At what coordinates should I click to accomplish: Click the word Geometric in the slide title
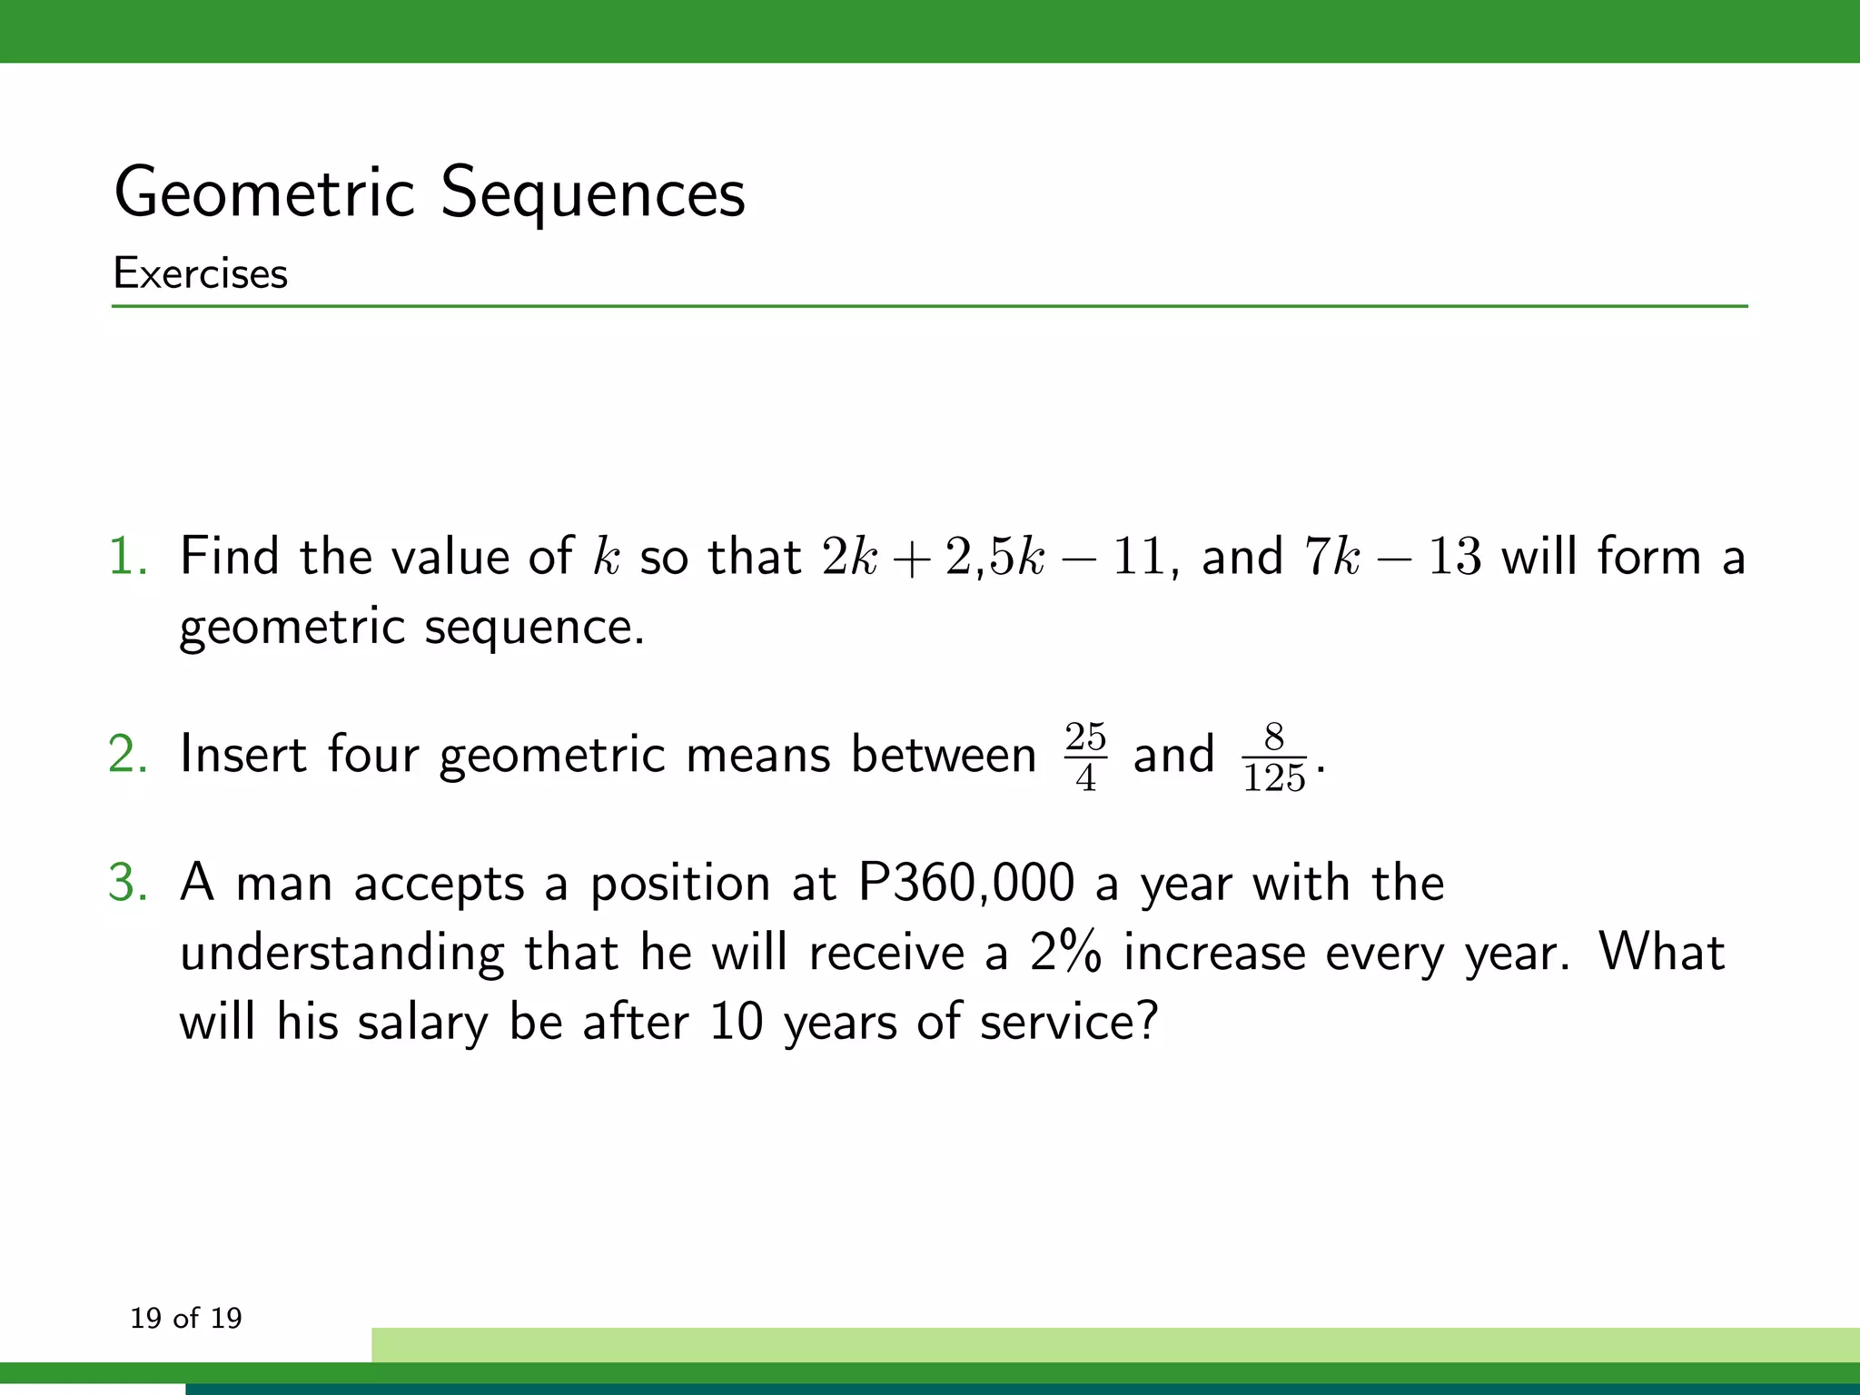tap(264, 193)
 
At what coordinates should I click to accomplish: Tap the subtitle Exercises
tap(201, 273)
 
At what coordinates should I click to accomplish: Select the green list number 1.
tap(127, 556)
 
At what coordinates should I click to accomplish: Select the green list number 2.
tap(127, 755)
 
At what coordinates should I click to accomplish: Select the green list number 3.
tap(127, 883)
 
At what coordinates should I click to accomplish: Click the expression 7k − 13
tap(1392, 556)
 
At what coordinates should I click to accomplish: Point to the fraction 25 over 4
tap(1085, 757)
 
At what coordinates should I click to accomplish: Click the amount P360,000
tap(966, 883)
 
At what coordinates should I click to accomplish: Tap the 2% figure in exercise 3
tap(1065, 953)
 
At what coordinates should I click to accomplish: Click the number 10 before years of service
tap(736, 1022)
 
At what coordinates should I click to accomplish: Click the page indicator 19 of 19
tap(186, 1318)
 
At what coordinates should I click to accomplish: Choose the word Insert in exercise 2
tap(242, 755)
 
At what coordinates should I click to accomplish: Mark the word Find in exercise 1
tap(229, 556)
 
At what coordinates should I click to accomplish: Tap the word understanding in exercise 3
tap(341, 955)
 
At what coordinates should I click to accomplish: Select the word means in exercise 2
tap(758, 755)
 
